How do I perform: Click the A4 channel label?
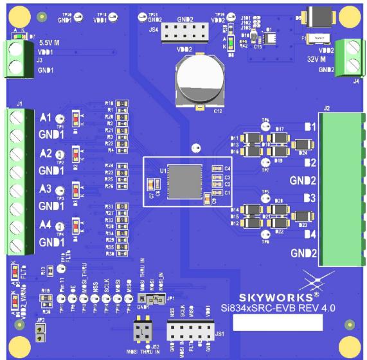click(45, 225)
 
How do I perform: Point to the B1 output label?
click(309, 127)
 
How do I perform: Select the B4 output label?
click(309, 234)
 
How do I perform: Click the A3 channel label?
click(45, 190)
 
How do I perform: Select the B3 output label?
click(309, 197)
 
